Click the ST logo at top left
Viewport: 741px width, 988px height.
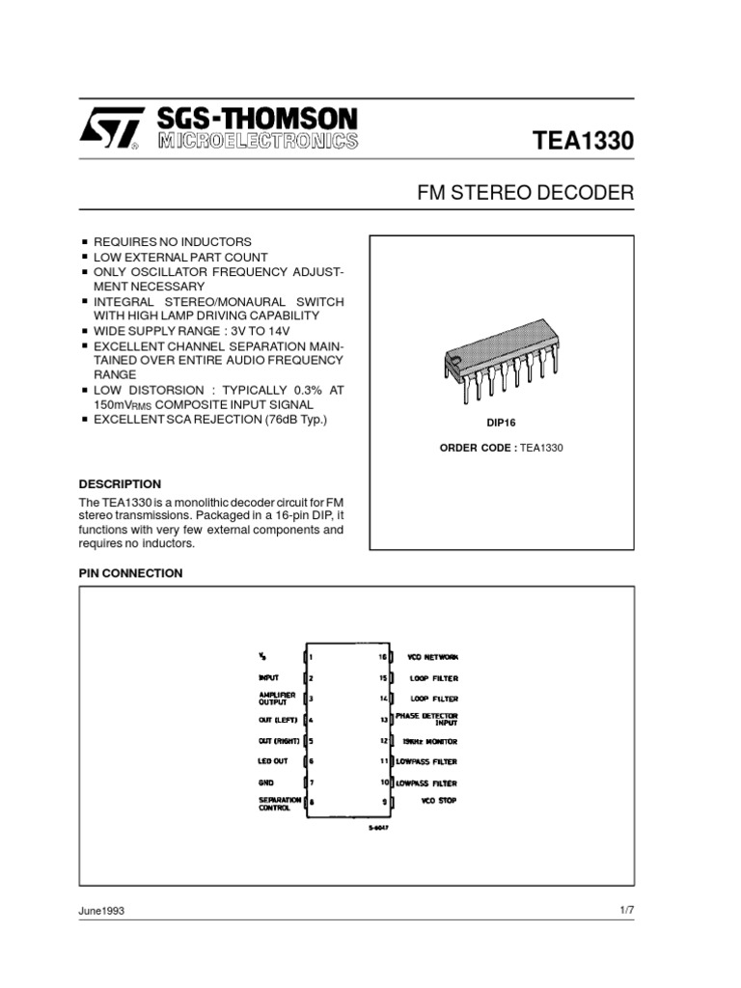(108, 129)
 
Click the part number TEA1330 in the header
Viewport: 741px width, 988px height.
(583, 140)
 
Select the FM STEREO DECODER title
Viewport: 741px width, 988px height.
(525, 192)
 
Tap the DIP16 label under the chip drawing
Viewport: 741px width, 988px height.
(502, 424)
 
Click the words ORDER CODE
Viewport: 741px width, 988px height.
(478, 447)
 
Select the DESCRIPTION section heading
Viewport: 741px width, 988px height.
(120, 483)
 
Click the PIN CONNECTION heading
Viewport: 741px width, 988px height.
(130, 573)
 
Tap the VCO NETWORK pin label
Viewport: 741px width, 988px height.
(426, 656)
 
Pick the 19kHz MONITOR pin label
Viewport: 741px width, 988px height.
(429, 741)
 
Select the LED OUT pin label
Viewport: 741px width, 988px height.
(273, 761)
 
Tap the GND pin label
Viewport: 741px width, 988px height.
(266, 782)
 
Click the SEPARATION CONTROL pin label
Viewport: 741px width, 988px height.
(281, 803)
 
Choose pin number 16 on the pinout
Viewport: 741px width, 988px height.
(382, 656)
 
